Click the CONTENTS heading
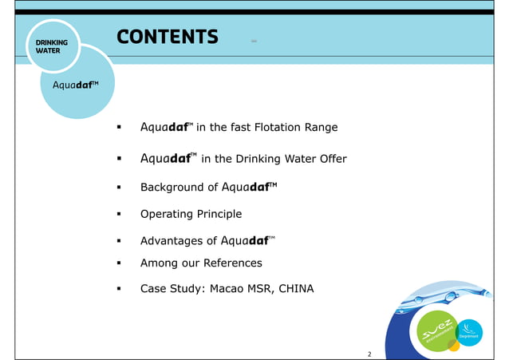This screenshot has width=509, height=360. click(x=167, y=37)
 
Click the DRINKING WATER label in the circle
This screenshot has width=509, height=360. click(x=50, y=45)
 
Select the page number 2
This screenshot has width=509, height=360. click(x=369, y=353)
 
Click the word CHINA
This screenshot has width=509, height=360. click(x=295, y=288)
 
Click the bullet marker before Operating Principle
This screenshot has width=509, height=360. click(x=118, y=215)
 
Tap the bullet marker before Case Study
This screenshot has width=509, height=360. click(x=118, y=289)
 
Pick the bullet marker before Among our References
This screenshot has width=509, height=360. click(x=118, y=263)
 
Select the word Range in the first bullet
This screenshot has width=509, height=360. click(x=322, y=128)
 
